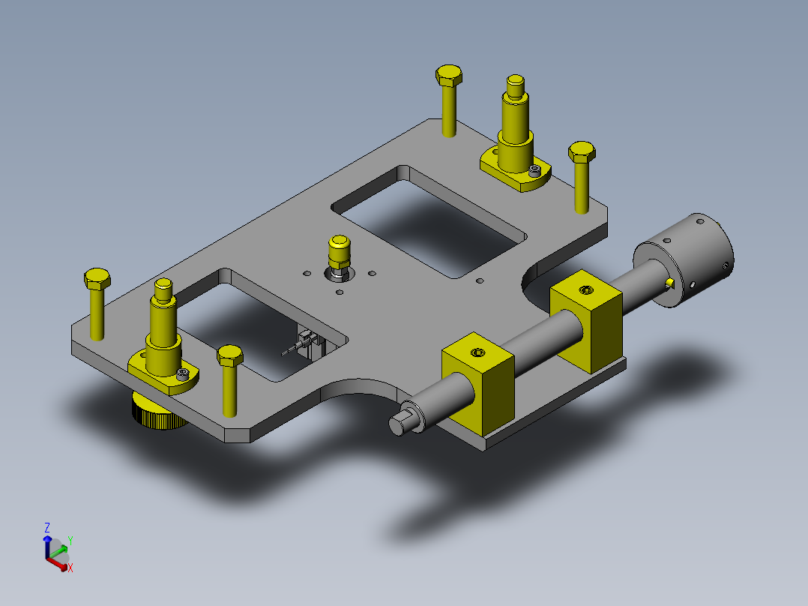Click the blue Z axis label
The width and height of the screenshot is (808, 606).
[47, 527]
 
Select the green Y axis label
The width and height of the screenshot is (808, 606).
[70, 541]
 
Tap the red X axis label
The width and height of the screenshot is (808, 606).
[70, 568]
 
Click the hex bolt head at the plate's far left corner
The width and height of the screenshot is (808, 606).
[97, 279]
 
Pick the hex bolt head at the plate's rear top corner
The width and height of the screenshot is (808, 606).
[448, 76]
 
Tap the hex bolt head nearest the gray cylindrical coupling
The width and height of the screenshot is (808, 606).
[582, 153]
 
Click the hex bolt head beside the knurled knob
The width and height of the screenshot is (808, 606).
[230, 355]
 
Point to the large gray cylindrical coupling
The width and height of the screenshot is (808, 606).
[684, 260]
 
